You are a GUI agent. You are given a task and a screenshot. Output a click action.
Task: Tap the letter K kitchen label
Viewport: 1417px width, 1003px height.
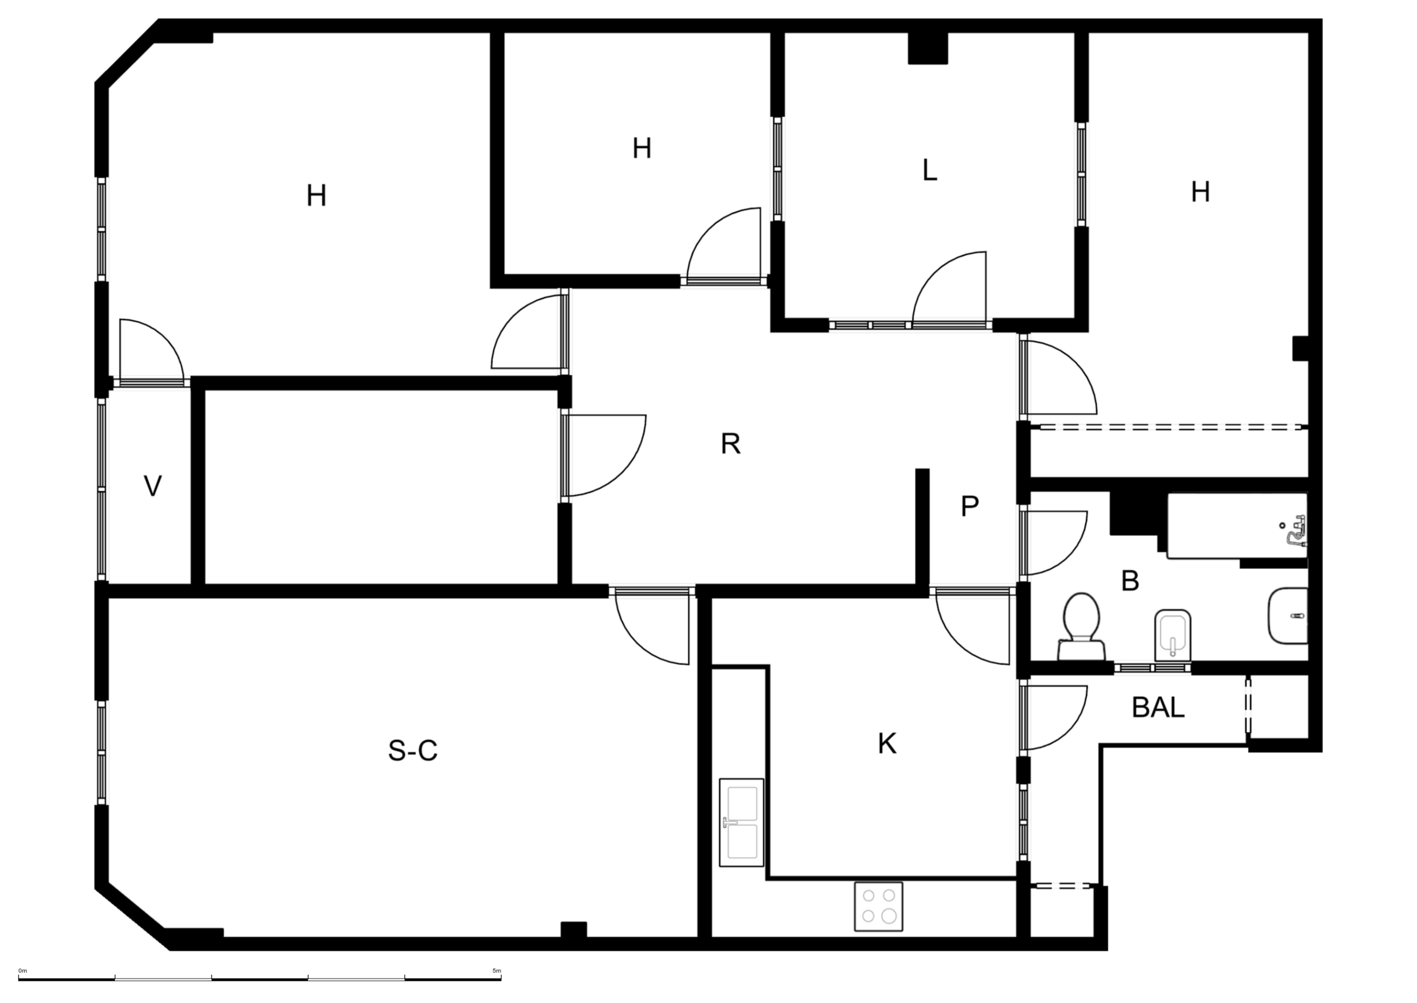887,744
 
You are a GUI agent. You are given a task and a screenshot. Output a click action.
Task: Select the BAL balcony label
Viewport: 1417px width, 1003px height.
1158,708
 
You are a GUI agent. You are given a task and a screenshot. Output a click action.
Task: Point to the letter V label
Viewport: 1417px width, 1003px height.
152,486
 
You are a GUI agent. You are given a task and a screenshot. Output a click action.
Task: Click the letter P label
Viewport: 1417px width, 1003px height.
970,506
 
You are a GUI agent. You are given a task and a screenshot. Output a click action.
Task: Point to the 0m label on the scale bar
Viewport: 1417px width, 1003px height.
23,971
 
